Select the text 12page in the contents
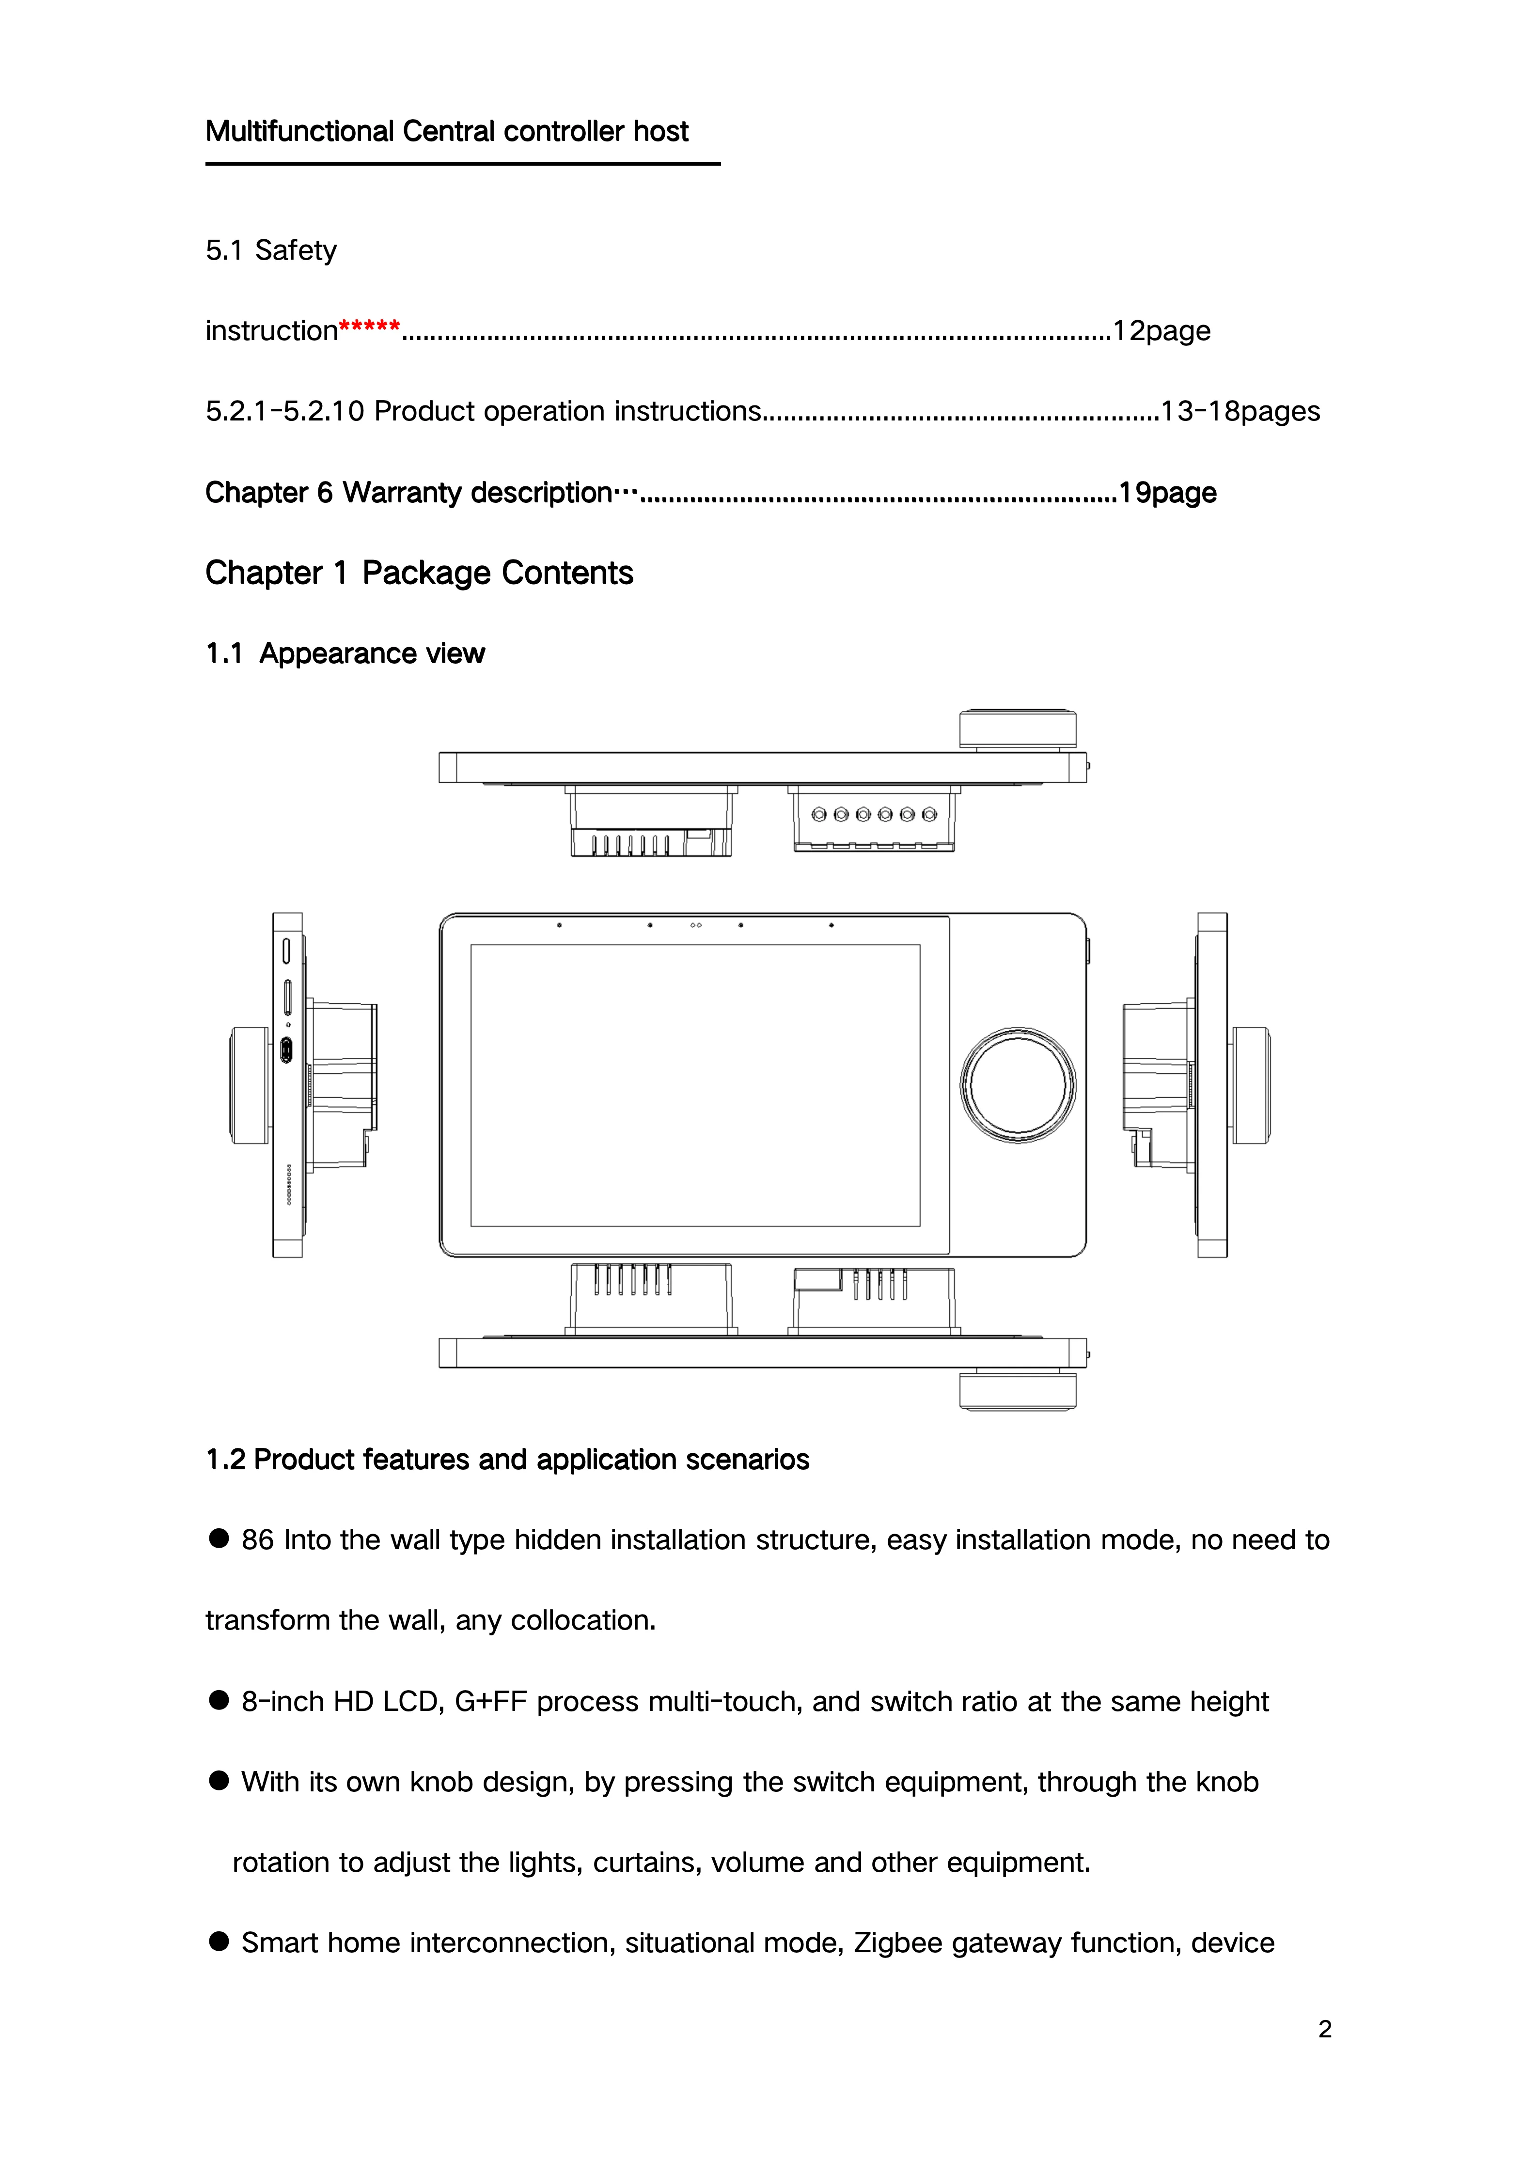click(1162, 330)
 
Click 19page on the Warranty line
click(1167, 493)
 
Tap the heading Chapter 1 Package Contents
click(419, 573)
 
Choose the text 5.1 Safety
click(271, 250)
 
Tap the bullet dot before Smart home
click(219, 1941)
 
